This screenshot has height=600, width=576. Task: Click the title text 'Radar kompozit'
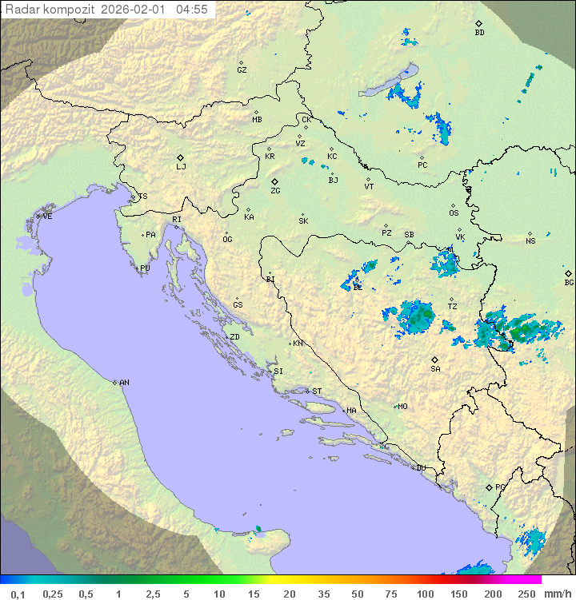pos(50,10)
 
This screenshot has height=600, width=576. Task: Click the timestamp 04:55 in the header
pos(192,10)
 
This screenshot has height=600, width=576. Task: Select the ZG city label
pos(275,191)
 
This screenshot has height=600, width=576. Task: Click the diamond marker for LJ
pos(181,157)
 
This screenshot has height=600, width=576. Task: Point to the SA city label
pos(435,368)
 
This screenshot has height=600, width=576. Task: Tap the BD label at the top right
pos(479,33)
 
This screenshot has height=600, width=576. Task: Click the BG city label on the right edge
pos(569,282)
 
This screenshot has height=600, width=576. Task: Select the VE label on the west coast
pos(47,217)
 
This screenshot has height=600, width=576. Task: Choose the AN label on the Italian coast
pos(124,383)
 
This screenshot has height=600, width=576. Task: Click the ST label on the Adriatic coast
pos(317,391)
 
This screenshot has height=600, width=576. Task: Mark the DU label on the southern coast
pos(420,468)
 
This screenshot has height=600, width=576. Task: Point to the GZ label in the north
pos(242,70)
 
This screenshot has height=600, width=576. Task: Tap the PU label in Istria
pos(145,268)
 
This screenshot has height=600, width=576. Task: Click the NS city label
pos(530,241)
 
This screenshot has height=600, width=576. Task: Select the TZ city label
pos(452,307)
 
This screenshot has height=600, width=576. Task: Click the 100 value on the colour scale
pos(425,594)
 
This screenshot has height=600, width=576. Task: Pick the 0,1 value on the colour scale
pos(18,594)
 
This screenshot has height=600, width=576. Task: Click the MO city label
pos(402,407)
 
